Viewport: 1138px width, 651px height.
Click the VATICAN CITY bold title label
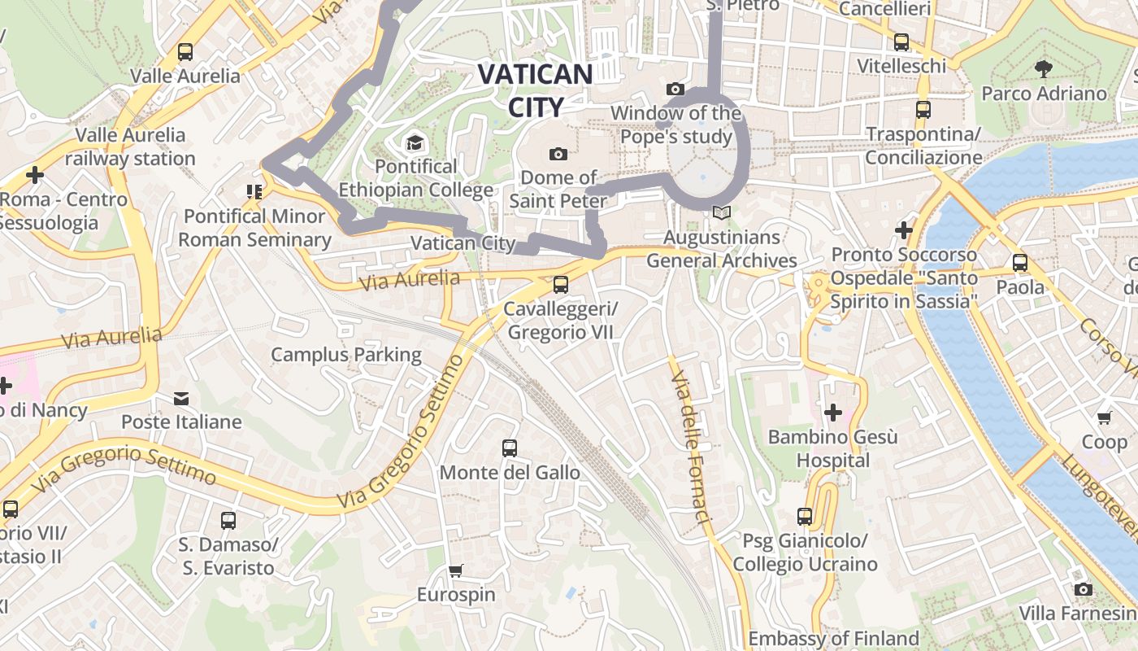coord(535,90)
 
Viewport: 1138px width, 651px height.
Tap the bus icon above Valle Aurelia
coord(185,52)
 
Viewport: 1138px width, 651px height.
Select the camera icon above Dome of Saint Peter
coord(558,154)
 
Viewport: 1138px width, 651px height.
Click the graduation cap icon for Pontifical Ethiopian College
coord(415,143)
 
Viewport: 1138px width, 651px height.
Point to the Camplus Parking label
coord(346,355)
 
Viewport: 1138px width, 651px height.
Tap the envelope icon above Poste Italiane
coord(181,399)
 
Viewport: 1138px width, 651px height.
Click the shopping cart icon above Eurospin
coord(456,571)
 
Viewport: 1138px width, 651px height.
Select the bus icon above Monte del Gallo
coord(510,448)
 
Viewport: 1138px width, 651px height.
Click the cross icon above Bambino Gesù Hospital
coord(833,413)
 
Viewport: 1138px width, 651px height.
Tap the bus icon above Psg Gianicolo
coord(805,517)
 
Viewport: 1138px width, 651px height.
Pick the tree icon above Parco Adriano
coord(1044,69)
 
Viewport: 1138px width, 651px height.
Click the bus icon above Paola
coord(1020,263)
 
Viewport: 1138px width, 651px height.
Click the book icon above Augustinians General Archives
coord(721,213)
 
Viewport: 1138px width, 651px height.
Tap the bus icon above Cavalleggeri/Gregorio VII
coord(560,285)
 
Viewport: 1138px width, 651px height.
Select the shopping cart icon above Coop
coord(1104,418)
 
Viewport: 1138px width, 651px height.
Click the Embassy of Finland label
coord(833,638)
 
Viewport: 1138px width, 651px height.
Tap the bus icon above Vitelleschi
coord(901,42)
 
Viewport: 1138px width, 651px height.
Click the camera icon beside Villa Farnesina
coord(1084,589)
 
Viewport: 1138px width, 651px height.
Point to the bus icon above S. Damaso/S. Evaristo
coord(228,521)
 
